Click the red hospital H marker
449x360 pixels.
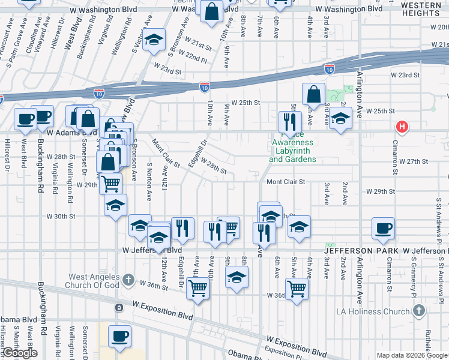tap(402, 127)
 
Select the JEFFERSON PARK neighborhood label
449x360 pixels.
tap(363, 250)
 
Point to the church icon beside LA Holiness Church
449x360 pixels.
tap(419, 311)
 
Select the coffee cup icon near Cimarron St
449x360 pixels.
tap(383, 228)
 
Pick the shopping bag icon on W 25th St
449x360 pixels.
tap(313, 94)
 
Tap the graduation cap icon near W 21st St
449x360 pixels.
tap(154, 40)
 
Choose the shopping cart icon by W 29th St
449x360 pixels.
tap(110, 183)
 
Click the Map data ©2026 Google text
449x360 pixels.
tap(412, 355)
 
